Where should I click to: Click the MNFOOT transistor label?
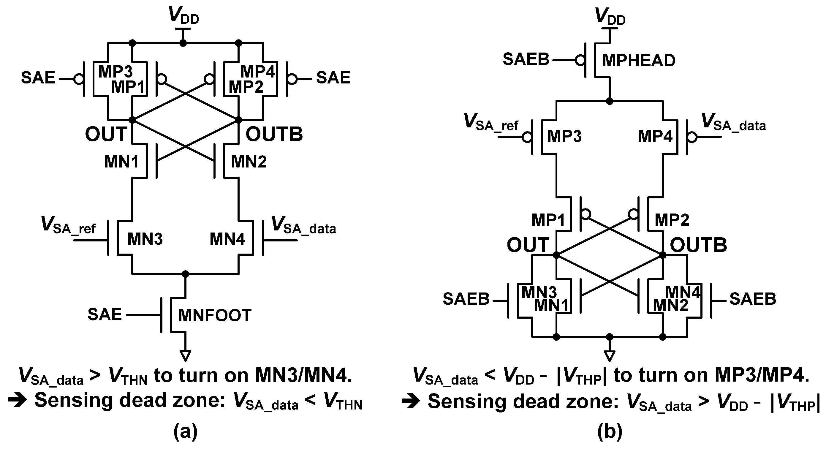click(214, 316)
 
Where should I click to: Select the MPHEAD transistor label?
click(638, 61)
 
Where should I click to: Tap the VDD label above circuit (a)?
click(184, 15)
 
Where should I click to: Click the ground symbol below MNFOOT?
click(185, 355)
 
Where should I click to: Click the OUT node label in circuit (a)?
click(106, 134)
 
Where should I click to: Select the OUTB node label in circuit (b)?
click(698, 245)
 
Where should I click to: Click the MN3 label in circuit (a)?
click(145, 239)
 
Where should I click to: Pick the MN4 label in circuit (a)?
click(227, 239)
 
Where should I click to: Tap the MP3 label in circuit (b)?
click(564, 136)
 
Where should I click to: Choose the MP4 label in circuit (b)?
click(655, 136)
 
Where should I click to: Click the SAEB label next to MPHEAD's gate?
click(526, 59)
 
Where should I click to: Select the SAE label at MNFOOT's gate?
click(105, 314)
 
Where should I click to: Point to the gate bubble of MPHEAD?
click(580, 60)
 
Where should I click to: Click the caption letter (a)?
click(185, 432)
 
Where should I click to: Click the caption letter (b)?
click(610, 432)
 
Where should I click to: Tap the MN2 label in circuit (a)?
click(249, 162)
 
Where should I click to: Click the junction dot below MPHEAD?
click(609, 101)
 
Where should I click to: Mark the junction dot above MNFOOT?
click(185, 274)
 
